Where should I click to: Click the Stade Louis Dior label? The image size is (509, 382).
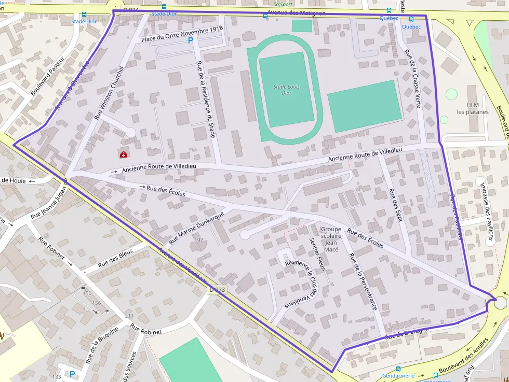(286, 90)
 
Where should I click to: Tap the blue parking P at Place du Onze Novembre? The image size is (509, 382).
(190, 40)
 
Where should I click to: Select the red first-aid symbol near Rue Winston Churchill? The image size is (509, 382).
(124, 154)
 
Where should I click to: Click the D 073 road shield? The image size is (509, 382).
(217, 290)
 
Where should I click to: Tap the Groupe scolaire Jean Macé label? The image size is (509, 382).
(331, 239)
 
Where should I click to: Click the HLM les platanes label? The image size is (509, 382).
(473, 108)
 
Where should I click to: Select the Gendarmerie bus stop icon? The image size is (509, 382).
(398, 369)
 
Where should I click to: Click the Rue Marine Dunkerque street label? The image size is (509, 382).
(196, 228)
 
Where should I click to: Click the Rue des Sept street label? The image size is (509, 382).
(396, 205)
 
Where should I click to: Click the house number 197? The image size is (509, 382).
(198, 240)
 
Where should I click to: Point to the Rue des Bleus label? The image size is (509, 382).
(115, 258)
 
